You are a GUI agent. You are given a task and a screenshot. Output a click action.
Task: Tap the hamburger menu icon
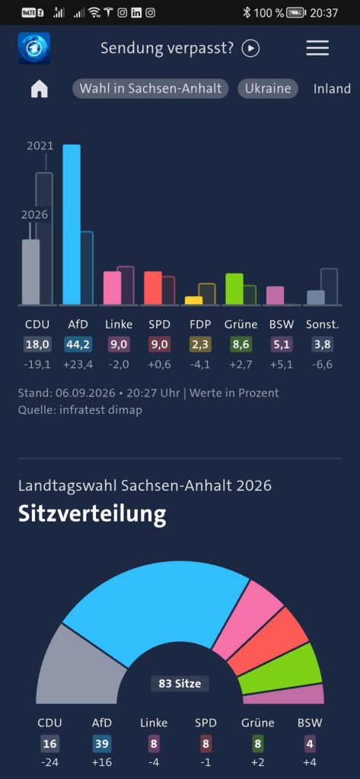(317, 48)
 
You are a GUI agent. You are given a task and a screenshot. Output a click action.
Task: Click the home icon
(40, 89)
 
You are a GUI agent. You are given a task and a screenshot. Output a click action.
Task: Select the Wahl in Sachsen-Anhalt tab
(151, 89)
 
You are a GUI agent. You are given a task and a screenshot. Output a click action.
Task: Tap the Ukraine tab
(267, 89)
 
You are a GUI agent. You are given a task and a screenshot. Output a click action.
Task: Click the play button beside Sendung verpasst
(251, 48)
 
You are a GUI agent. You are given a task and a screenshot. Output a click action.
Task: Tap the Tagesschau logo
(34, 48)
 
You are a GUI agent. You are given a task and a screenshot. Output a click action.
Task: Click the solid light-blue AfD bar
(72, 224)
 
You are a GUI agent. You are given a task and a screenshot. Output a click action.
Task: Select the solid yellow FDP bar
(194, 300)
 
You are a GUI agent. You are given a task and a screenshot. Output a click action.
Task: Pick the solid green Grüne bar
(234, 288)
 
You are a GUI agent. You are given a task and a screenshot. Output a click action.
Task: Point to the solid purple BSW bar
(275, 295)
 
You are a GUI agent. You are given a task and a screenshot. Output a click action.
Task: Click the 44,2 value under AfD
(74, 345)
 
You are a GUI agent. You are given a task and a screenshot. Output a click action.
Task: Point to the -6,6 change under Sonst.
(322, 364)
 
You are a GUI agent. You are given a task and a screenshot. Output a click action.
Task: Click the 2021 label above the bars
(40, 145)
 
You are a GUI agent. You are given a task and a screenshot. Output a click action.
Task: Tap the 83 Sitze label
(180, 684)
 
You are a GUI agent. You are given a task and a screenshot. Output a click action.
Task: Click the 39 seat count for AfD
(102, 744)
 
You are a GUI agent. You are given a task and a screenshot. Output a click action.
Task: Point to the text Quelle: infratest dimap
(80, 410)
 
